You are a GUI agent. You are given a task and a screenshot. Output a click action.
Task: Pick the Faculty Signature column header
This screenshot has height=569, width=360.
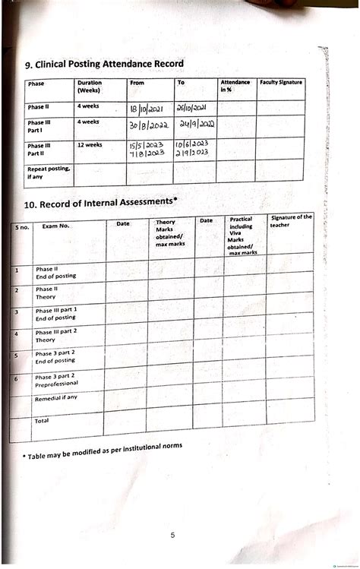coord(280,82)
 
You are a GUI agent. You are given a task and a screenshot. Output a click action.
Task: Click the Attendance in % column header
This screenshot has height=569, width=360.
coord(235,85)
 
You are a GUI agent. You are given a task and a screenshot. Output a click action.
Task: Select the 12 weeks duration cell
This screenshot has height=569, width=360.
coord(90,144)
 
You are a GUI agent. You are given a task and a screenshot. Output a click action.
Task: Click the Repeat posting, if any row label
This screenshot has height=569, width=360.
coord(48,172)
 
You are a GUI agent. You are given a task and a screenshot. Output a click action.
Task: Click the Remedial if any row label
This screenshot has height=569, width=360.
coord(56,397)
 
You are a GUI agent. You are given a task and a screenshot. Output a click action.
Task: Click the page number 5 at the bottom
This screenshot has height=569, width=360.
coord(172,536)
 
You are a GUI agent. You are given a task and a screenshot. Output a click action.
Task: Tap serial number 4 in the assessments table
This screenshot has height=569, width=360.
coord(16,334)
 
